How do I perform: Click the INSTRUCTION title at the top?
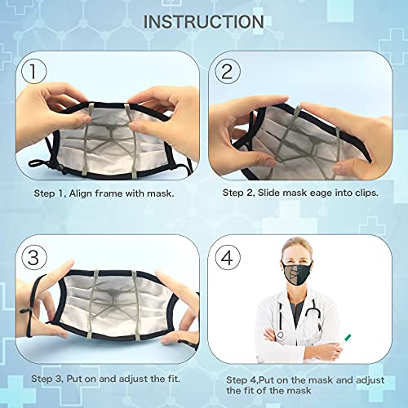[203, 20]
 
